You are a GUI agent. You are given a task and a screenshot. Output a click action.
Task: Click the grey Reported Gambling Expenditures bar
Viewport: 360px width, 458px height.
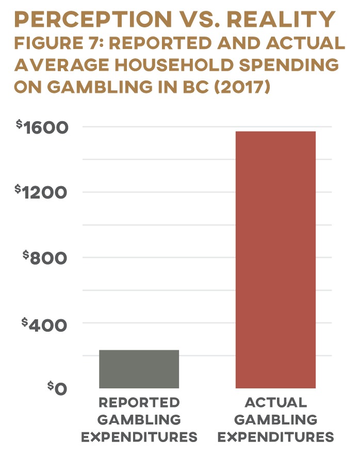click(x=139, y=369)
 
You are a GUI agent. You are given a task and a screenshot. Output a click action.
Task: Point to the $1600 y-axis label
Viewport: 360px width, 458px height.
click(x=45, y=127)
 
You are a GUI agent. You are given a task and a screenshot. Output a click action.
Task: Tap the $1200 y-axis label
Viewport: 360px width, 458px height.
click(x=45, y=192)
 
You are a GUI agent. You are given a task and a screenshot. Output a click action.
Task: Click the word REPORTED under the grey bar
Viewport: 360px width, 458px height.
click(x=139, y=403)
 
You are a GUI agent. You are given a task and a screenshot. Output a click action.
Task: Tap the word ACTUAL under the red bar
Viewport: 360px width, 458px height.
click(x=275, y=403)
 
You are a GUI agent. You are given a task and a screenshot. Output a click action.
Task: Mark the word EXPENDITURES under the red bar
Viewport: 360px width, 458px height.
click(x=275, y=438)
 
